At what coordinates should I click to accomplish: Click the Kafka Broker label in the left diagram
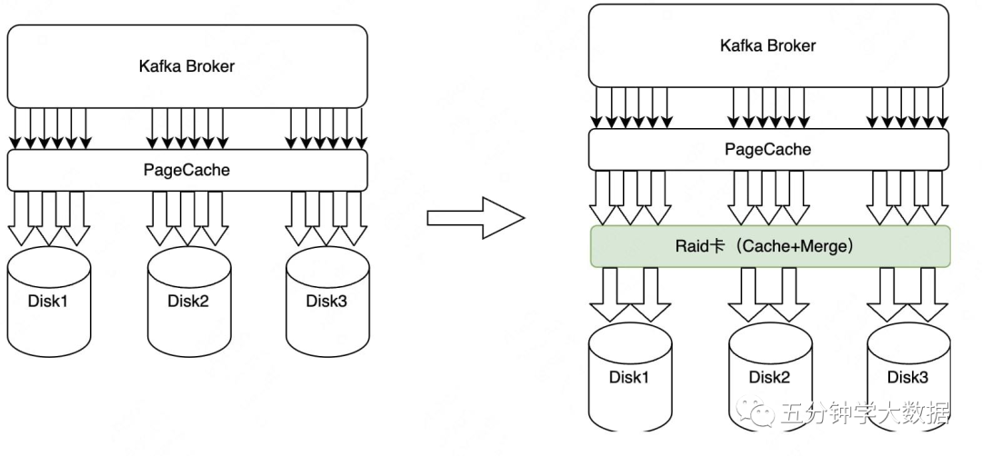pyautogui.click(x=186, y=66)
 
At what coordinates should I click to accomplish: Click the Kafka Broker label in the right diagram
pyautogui.click(x=768, y=45)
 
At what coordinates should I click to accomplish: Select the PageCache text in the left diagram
pyautogui.click(x=186, y=170)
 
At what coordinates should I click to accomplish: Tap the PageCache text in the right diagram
pyautogui.click(x=768, y=150)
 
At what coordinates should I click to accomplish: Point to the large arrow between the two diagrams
pyautogui.click(x=476, y=217)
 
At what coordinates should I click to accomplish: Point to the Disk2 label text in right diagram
pyautogui.click(x=770, y=378)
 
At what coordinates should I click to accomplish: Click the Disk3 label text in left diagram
pyautogui.click(x=327, y=301)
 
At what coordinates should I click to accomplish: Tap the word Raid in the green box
pyautogui.click(x=691, y=246)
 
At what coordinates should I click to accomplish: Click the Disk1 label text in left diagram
pyautogui.click(x=49, y=301)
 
